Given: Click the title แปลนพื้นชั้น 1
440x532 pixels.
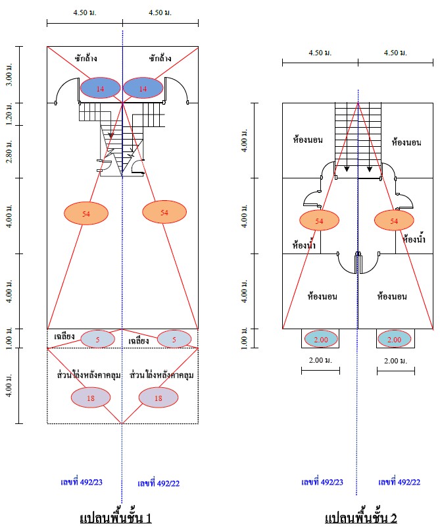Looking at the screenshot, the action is click(x=116, y=518).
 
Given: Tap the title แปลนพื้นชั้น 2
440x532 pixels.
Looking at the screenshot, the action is click(x=360, y=518).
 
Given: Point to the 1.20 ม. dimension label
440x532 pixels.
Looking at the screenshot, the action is click(x=9, y=114).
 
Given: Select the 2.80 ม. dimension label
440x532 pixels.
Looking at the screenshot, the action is click(x=9, y=151).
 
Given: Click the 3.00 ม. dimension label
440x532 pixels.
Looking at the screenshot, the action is click(x=9, y=74).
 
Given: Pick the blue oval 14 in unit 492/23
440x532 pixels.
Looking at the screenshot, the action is click(x=101, y=88).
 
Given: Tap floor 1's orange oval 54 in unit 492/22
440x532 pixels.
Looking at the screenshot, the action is click(x=164, y=212).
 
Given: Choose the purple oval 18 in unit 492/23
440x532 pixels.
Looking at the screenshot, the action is click(x=91, y=398).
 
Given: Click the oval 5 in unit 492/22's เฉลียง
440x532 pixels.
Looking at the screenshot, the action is click(x=174, y=339).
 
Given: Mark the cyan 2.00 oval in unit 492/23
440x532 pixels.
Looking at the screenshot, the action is click(x=321, y=339).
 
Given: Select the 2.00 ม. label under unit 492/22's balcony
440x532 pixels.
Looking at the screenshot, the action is click(x=395, y=361).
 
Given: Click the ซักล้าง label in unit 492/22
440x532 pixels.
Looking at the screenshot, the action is click(x=160, y=58).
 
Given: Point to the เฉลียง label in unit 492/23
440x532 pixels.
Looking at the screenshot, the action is click(x=64, y=336).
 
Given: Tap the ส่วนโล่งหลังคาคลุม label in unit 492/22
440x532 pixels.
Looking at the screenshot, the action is click(x=162, y=375).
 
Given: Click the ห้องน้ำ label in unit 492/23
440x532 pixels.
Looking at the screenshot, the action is click(x=304, y=245).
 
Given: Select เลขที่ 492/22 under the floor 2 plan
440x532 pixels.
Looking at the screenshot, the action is click(x=399, y=482).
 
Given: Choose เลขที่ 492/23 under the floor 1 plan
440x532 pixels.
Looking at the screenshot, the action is click(x=82, y=482).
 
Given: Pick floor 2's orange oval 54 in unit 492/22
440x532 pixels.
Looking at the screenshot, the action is click(x=394, y=221).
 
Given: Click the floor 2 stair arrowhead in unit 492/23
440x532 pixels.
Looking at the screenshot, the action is click(x=347, y=169).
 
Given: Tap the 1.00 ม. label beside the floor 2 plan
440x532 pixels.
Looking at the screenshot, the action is click(x=245, y=338).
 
